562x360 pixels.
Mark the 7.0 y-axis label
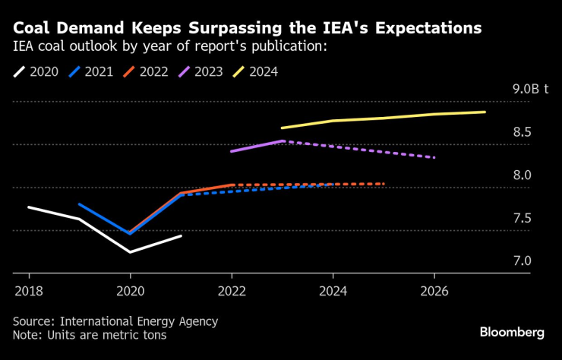[522, 261]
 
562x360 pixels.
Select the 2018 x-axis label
[28, 290]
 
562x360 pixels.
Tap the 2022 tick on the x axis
[232, 290]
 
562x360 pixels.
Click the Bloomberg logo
[512, 332]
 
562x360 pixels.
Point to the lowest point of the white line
[130, 251]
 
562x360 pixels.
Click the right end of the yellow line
[485, 112]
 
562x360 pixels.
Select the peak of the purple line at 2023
[283, 141]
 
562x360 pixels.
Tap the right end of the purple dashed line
[434, 157]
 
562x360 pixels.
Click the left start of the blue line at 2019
[79, 204]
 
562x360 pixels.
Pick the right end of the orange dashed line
[384, 184]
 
